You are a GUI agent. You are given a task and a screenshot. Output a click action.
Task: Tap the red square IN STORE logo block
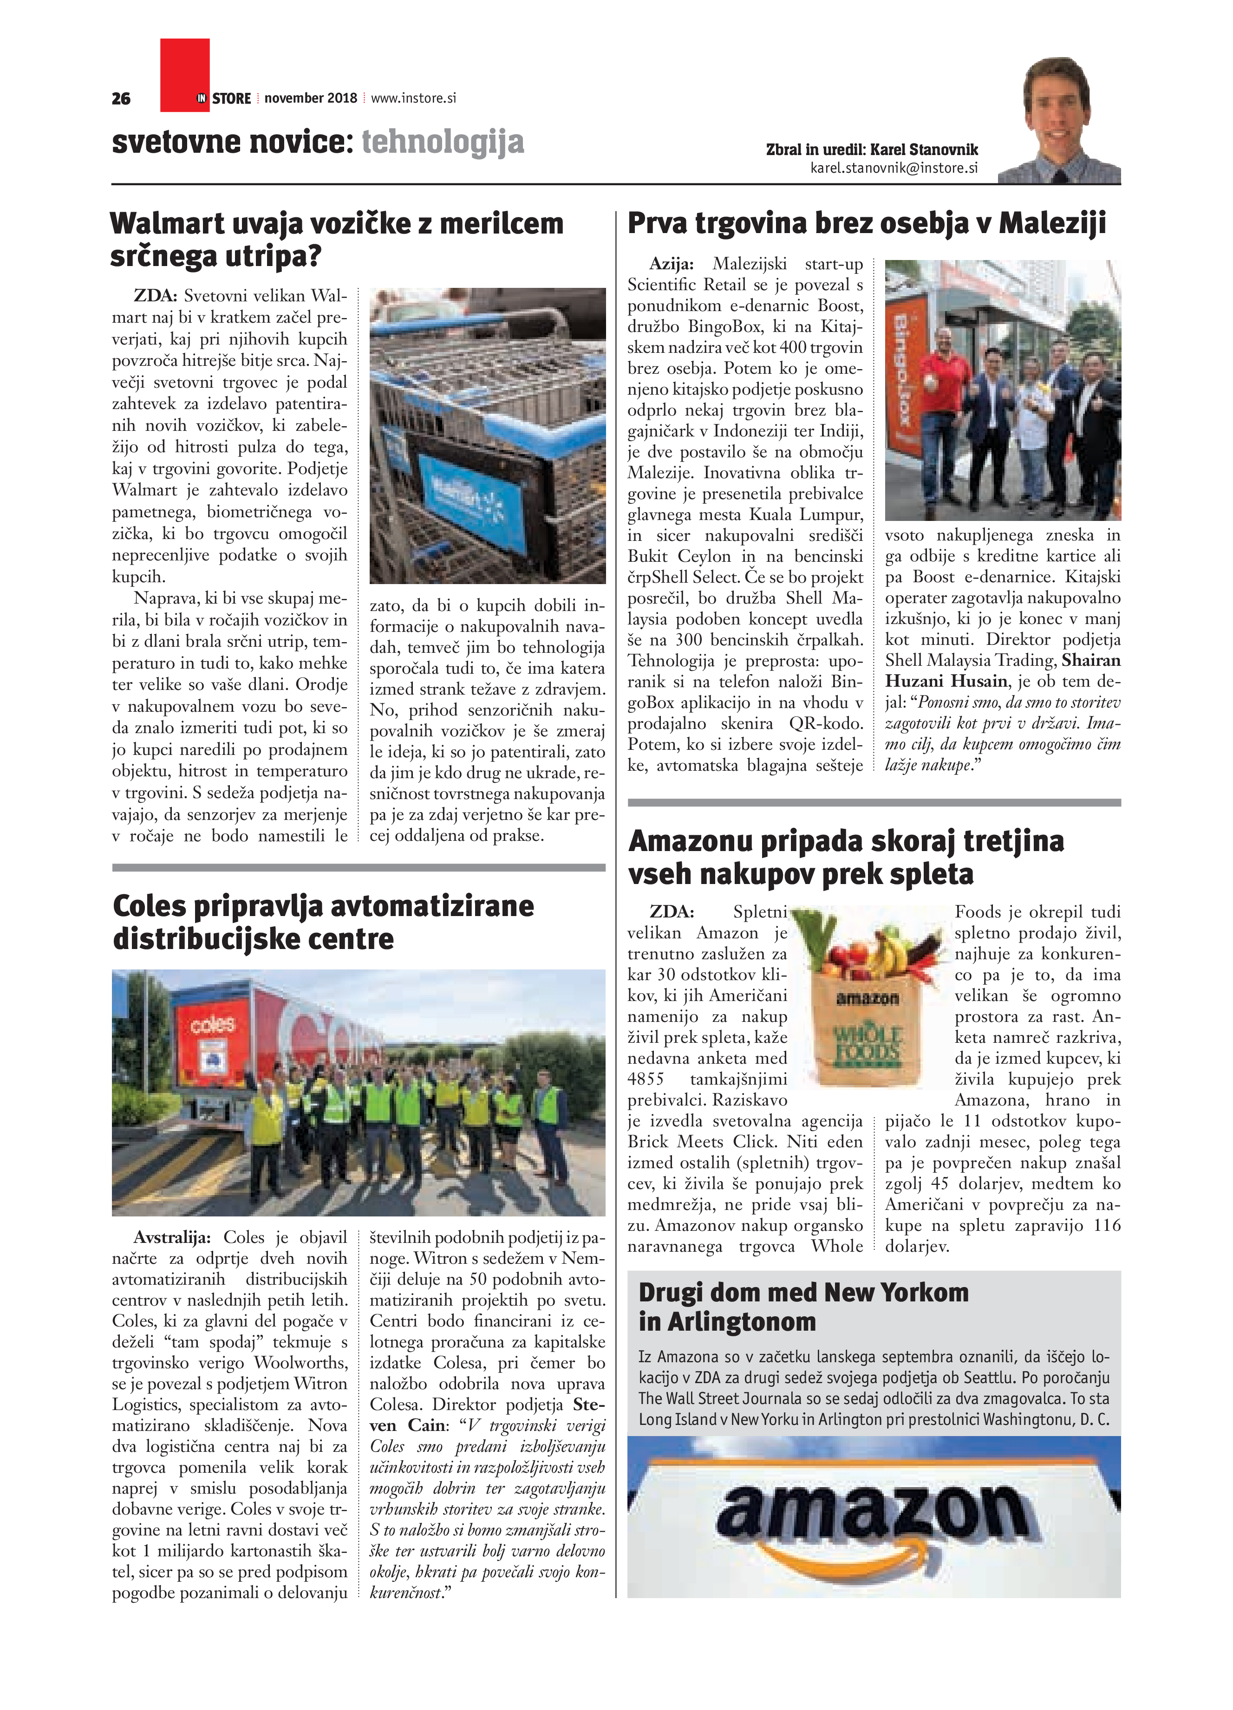coord(185,75)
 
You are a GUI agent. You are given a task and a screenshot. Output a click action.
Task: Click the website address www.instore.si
coord(413,98)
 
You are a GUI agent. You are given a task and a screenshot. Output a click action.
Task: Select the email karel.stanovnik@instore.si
coord(894,168)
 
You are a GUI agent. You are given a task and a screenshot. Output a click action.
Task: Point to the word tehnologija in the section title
coord(443,142)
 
